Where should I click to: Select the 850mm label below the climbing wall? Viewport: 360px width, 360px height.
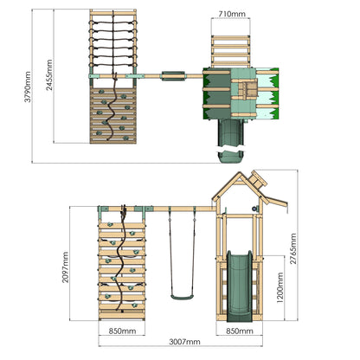(x=121, y=330)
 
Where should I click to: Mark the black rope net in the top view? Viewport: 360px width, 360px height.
(x=112, y=39)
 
